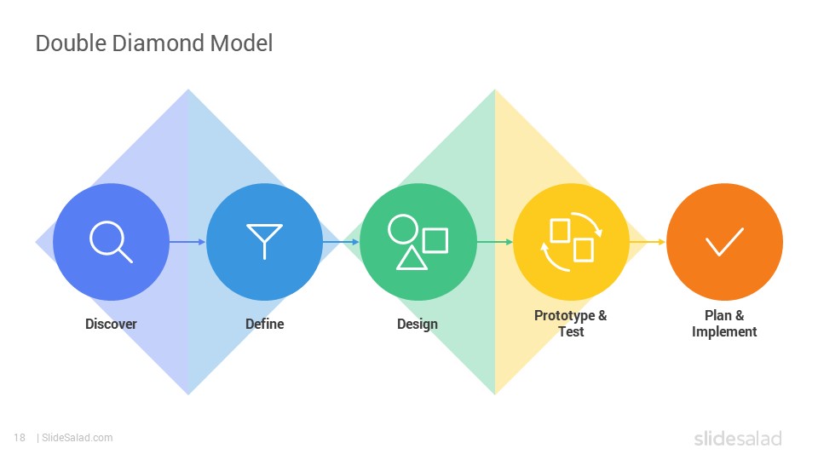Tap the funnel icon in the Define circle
[x=264, y=241]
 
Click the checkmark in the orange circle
[x=724, y=242]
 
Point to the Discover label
[x=111, y=324]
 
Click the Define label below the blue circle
[x=264, y=324]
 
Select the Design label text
[x=418, y=325]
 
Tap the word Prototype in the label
[x=564, y=316]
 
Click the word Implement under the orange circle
[x=724, y=332]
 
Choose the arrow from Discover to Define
[x=187, y=241]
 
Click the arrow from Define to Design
[x=341, y=241]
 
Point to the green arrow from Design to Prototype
[x=494, y=241]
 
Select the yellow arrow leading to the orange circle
[x=648, y=241]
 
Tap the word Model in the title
[x=241, y=43]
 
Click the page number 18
[x=20, y=438]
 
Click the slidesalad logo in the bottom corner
[x=738, y=438]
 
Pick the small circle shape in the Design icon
[x=403, y=228]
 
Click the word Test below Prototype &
[x=571, y=332]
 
